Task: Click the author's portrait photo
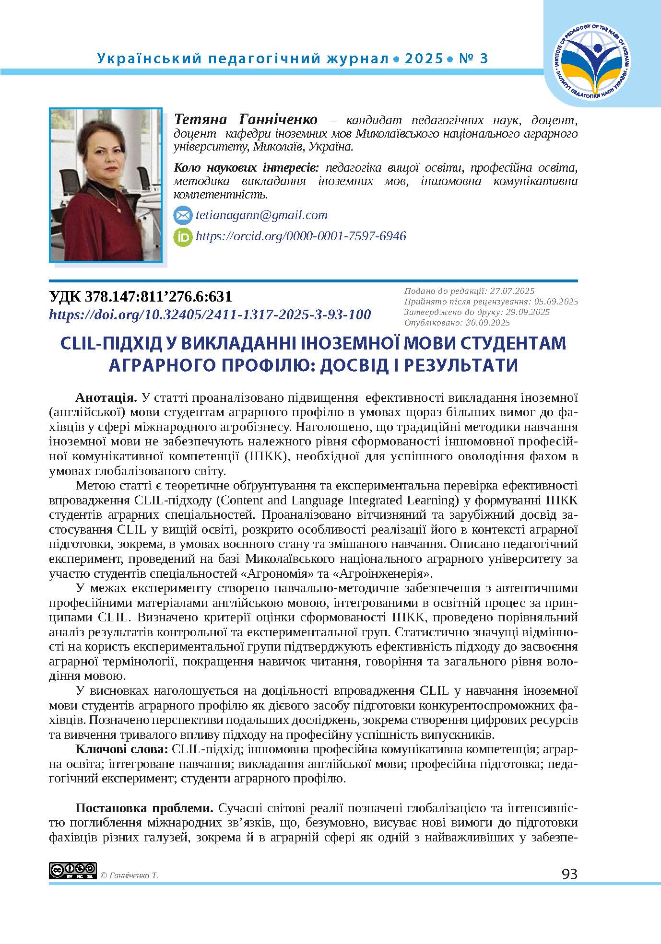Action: [106, 185]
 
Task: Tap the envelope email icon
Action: [182, 215]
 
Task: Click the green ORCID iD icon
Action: [182, 237]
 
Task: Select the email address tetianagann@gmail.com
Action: [261, 215]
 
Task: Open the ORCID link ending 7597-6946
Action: [301, 236]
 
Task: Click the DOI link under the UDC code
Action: [210, 315]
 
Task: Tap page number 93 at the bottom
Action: [569, 874]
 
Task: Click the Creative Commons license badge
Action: [72, 871]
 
